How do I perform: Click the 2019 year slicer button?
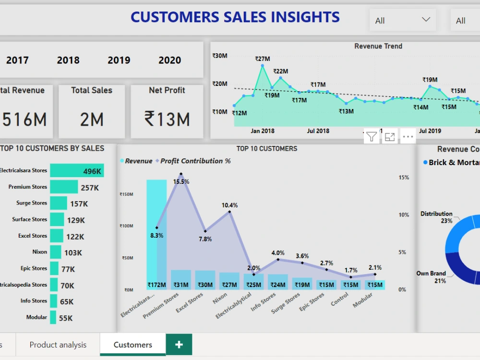coord(119,60)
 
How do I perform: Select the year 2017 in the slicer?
coord(17,60)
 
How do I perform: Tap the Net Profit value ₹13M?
coord(167,119)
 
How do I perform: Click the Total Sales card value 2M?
coord(92,119)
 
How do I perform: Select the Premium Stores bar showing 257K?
coord(64,187)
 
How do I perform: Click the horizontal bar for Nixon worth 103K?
coord(56,252)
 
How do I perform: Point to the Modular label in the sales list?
coord(36,317)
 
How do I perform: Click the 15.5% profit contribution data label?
coord(181,182)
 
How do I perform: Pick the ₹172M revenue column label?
coord(156,285)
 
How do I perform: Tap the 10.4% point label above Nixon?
coord(229,205)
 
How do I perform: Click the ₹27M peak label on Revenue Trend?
coord(263,59)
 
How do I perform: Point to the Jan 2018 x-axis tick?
coord(263,131)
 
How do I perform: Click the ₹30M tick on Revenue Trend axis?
coord(220,56)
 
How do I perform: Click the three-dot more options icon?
coord(408,137)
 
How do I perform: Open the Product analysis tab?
coord(58,345)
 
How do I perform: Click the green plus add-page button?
coord(179,345)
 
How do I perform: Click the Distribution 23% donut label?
coord(437,217)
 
